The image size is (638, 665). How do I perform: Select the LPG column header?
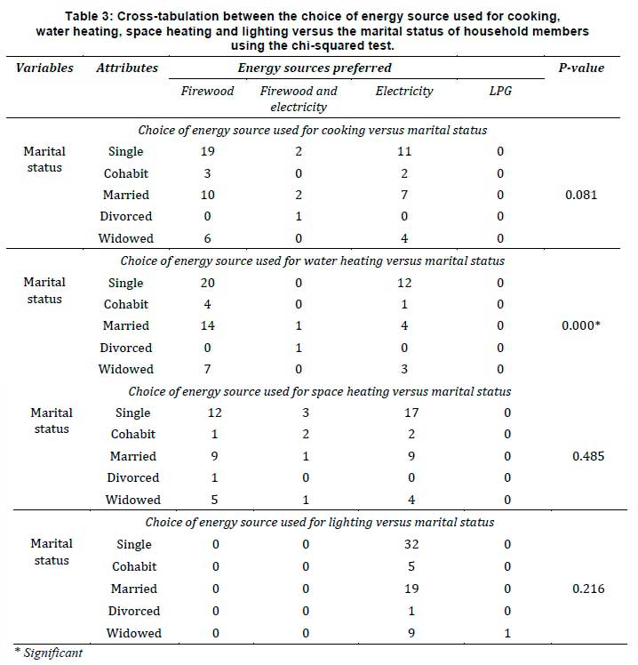pos(500,91)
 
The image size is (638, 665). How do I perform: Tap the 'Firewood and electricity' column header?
pos(299,99)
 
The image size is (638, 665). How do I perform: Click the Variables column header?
pos(44,68)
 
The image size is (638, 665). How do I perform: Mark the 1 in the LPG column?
pos(506,633)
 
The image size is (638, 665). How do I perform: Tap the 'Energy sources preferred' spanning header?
pos(315,68)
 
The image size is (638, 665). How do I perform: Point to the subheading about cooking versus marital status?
pos(315,130)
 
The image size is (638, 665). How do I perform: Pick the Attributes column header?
pos(127,68)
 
